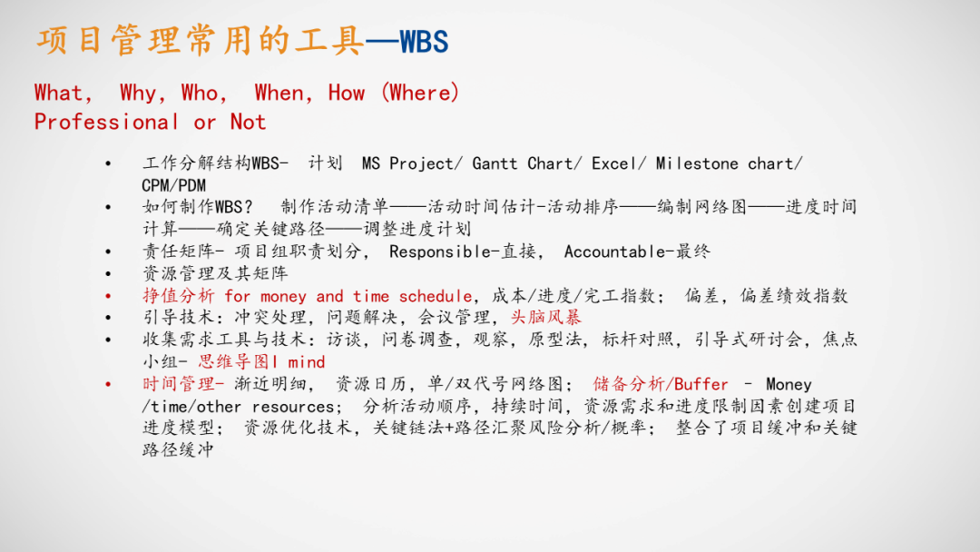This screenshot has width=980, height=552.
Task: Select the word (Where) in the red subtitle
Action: click(420, 93)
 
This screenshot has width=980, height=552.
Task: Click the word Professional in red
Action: click(107, 122)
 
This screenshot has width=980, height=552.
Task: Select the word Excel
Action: click(615, 163)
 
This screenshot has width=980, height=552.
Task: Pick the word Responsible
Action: click(440, 251)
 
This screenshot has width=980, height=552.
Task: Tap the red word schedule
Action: click(436, 296)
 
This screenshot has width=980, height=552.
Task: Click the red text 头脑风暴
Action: click(545, 318)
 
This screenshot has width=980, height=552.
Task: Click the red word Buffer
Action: click(701, 384)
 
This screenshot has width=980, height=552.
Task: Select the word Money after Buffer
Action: click(789, 384)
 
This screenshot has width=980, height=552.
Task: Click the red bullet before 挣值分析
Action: click(109, 296)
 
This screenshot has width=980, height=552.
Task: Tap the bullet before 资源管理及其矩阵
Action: click(109, 273)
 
